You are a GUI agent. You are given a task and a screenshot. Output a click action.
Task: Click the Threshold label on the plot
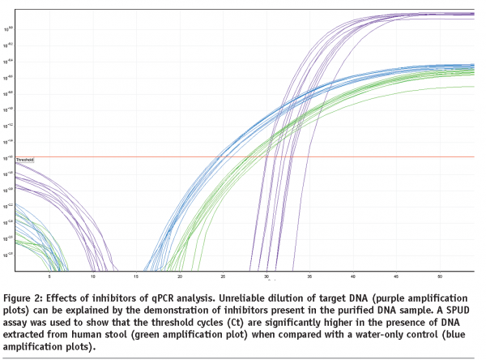pyautogui.click(x=25, y=161)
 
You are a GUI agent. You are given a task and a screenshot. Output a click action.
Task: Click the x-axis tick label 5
pyautogui.click(x=50, y=276)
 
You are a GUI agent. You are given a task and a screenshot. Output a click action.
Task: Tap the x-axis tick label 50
pyautogui.click(x=439, y=276)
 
